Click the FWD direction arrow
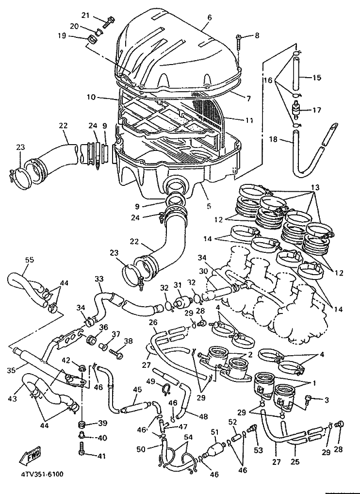coord(30,455)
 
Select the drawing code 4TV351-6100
coord(40,474)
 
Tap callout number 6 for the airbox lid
coord(210,17)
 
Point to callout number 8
coord(257,35)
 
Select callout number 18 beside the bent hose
coord(273,139)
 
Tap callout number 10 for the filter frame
coord(91,97)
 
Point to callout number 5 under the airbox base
coord(209,206)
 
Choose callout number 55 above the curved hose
coord(30,260)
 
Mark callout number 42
coord(65,361)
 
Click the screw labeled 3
coord(308,399)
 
